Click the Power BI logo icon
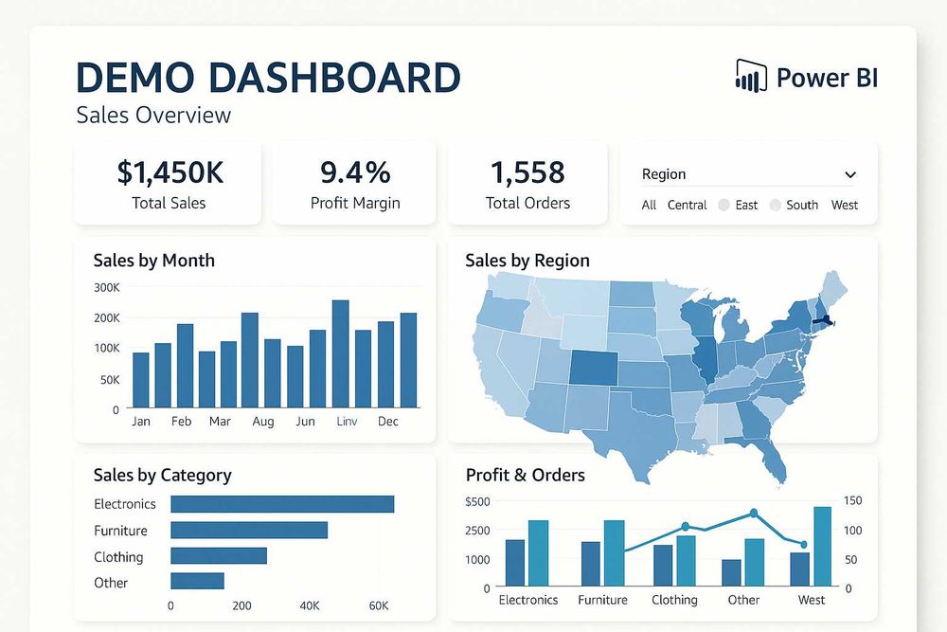751,76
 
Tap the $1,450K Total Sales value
170,172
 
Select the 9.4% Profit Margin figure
355,172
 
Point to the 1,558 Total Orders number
527,172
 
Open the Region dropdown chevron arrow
850,174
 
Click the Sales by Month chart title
154,261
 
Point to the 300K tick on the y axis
107,288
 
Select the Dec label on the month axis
388,421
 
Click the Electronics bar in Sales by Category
282,504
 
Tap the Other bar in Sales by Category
197,581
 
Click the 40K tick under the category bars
310,605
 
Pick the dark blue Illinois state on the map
706,360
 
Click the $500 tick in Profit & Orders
478,501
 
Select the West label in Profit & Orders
812,600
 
